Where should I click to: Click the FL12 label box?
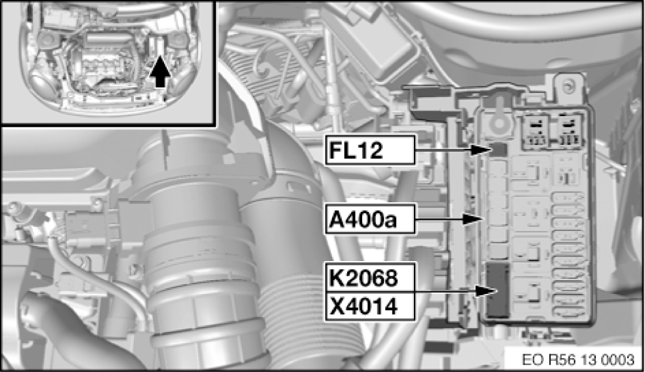tap(370, 150)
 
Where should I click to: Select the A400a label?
tap(370, 219)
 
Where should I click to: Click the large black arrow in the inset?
tap(158, 74)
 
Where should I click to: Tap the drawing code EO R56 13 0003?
tap(578, 360)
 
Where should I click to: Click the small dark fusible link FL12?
tap(499, 149)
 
